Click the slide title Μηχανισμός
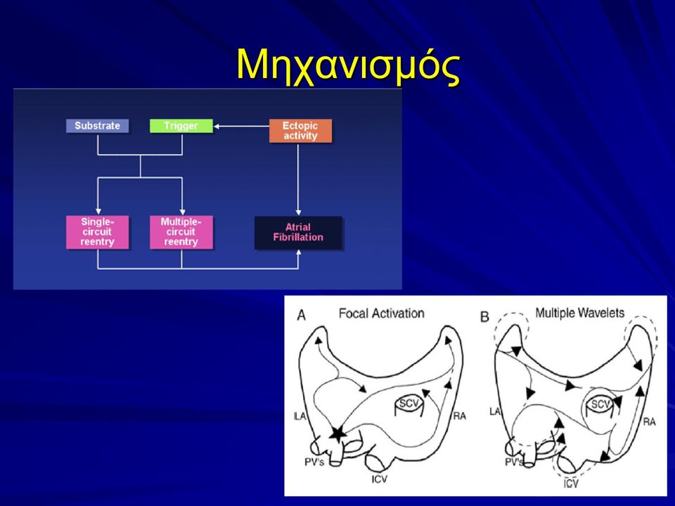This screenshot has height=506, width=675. pyautogui.click(x=348, y=67)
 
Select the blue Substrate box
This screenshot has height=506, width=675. pyautogui.click(x=97, y=126)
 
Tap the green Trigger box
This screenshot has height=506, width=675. pyautogui.click(x=181, y=126)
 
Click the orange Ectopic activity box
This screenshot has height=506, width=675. pyautogui.click(x=300, y=131)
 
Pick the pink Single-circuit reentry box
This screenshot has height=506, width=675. pyautogui.click(x=97, y=232)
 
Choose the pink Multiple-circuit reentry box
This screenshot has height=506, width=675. pyautogui.click(x=181, y=232)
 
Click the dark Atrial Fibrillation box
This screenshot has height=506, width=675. pyautogui.click(x=298, y=233)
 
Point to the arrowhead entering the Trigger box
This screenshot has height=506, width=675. pyautogui.click(x=217, y=126)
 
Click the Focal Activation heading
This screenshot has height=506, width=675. pyautogui.click(x=381, y=313)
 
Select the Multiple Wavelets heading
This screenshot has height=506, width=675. pyautogui.click(x=579, y=313)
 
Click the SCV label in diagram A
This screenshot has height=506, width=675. pyautogui.click(x=409, y=403)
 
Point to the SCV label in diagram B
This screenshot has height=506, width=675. pyautogui.click(x=600, y=405)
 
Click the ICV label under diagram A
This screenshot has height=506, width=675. pyautogui.click(x=379, y=479)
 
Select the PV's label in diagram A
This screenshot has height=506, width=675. pyautogui.click(x=314, y=462)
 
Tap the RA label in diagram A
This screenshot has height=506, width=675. pyautogui.click(x=459, y=415)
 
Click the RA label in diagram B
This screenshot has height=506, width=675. pyautogui.click(x=649, y=422)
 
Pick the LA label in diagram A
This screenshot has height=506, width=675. pyautogui.click(x=300, y=416)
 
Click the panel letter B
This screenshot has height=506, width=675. pyautogui.click(x=484, y=317)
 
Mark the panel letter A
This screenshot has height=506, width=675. pyautogui.click(x=302, y=316)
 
